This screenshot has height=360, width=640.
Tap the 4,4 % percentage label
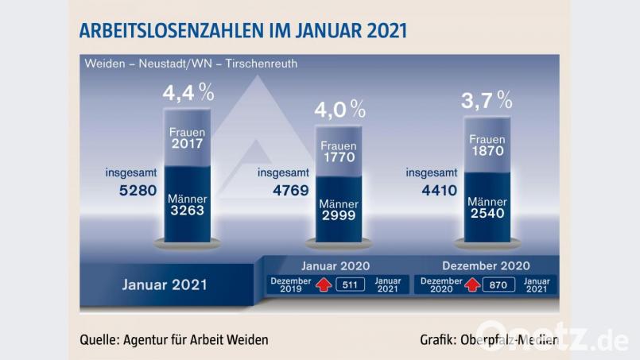(188, 93)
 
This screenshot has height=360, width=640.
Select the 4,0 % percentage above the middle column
(339, 109)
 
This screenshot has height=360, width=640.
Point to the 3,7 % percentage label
(487, 100)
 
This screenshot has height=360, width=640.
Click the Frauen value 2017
(187, 145)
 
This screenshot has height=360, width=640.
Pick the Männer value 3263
(187, 211)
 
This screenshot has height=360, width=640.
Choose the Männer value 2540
(487, 215)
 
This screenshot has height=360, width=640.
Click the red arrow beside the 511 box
(324, 285)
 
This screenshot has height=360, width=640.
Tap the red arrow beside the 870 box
(472, 285)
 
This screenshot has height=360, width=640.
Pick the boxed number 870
(498, 285)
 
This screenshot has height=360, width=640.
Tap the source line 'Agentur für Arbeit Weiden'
(174, 339)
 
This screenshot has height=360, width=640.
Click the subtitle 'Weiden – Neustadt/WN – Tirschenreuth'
(191, 64)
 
